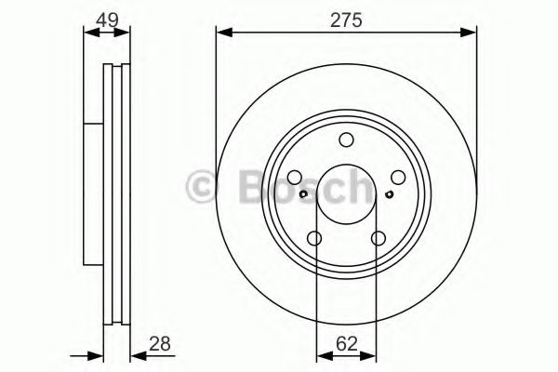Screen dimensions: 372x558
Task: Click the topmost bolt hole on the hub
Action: [x=346, y=140]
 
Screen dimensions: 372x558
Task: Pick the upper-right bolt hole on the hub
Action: [x=397, y=178]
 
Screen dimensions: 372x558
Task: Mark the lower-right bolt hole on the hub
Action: [x=378, y=238]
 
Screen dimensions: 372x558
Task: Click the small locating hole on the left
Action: [x=304, y=194]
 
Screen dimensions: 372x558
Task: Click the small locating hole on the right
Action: [x=388, y=194]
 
